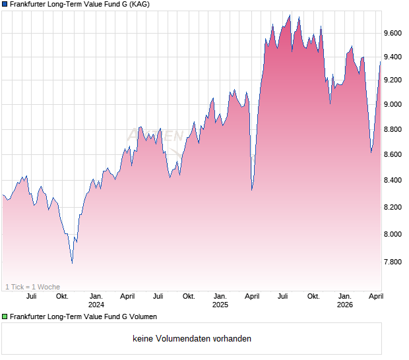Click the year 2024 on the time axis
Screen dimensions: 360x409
click(x=96, y=305)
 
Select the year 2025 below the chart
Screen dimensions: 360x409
click(x=220, y=305)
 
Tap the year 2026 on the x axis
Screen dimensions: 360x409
click(x=344, y=305)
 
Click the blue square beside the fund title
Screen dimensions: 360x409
click(x=4, y=5)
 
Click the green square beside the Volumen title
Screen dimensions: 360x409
click(x=4, y=317)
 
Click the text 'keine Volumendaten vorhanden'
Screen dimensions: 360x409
click(x=192, y=339)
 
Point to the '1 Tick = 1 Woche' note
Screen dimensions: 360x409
click(x=33, y=287)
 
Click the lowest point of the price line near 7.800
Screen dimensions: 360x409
click(x=72, y=263)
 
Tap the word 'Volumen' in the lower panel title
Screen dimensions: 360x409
click(x=142, y=317)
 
